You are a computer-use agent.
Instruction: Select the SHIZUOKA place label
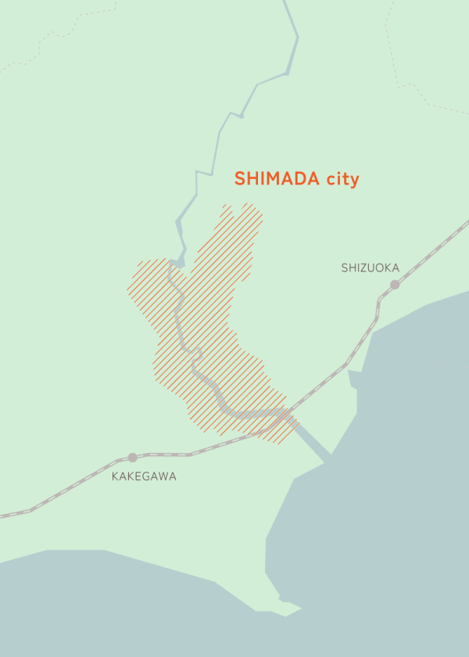pyautogui.click(x=370, y=268)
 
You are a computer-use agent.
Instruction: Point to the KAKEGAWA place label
pyautogui.click(x=144, y=476)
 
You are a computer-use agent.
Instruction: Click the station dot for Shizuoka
pyautogui.click(x=395, y=285)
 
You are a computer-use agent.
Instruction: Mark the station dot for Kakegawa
pyautogui.click(x=132, y=458)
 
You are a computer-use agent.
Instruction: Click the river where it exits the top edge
pyautogui.click(x=285, y=2)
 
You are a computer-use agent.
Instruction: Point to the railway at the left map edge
pyautogui.click(x=3, y=515)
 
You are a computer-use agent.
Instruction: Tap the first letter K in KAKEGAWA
pyautogui.click(x=116, y=476)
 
